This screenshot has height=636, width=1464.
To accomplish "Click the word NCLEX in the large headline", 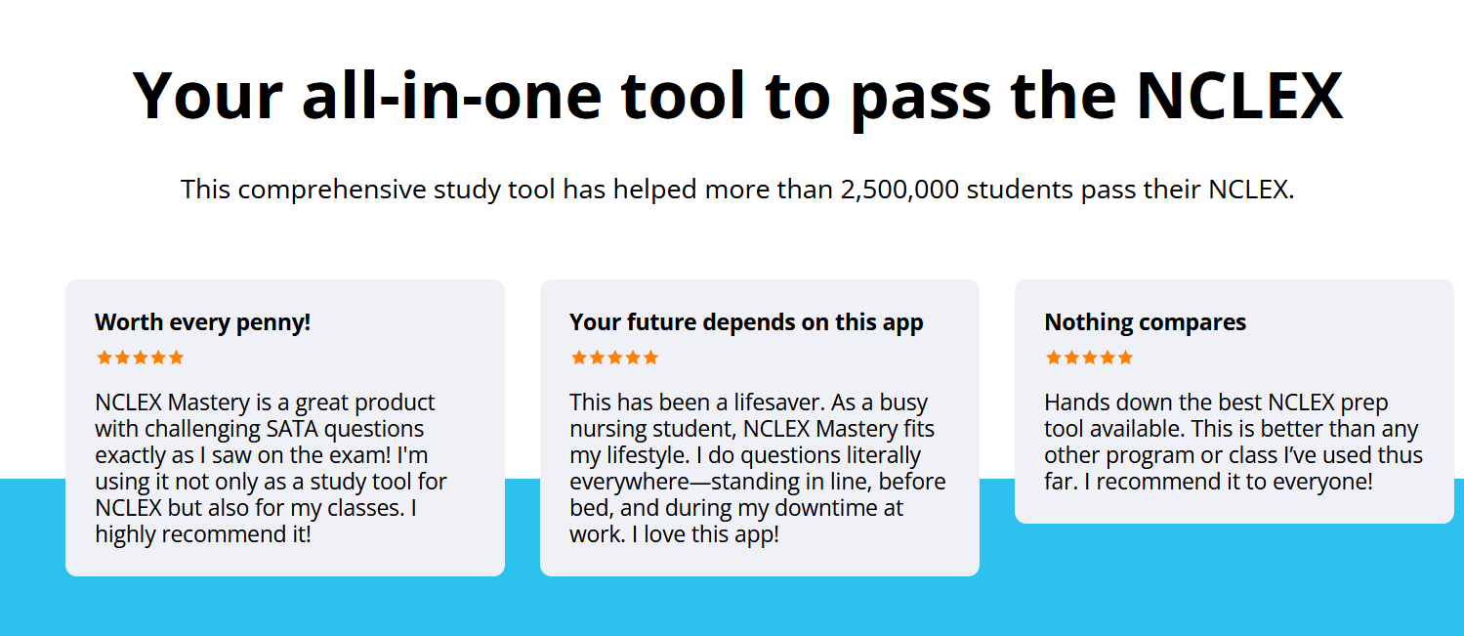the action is pos(1239,96).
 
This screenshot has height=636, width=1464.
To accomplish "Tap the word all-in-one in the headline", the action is pos(451,96).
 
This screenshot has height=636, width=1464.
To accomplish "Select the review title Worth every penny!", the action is pos(202,322).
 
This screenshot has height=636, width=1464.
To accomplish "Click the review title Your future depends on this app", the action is pos(746,322).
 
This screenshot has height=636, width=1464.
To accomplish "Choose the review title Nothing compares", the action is pos(1145,322).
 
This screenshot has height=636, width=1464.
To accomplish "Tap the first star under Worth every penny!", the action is pos(105,358).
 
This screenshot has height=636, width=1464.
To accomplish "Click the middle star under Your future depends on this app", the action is pos(615,358).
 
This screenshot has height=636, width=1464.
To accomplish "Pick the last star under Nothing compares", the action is pos(1125,358).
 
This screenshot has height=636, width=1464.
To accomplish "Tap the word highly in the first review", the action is pos(125,534).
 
